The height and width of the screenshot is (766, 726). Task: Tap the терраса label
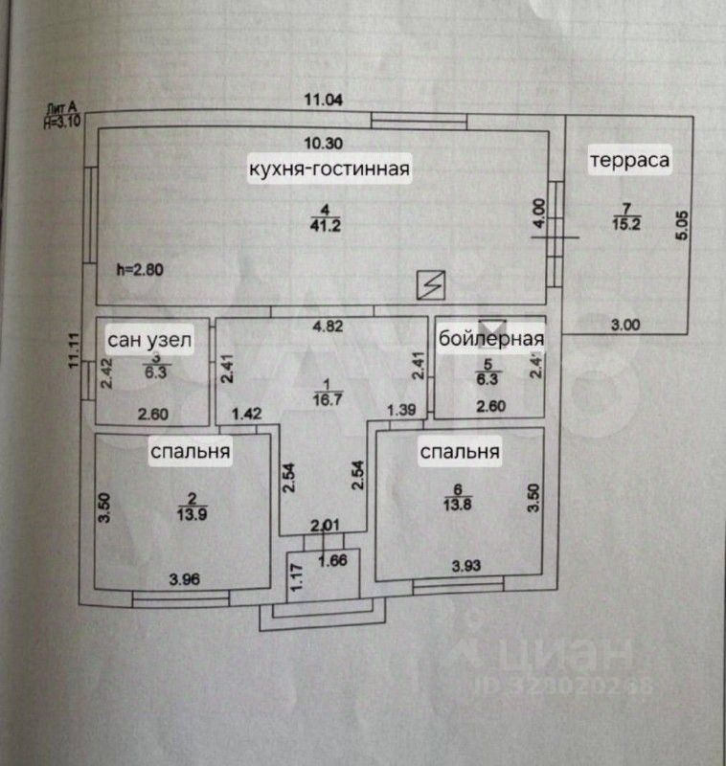coord(628,159)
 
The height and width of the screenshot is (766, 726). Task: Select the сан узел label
coord(150,339)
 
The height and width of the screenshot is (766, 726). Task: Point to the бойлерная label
coord(491,339)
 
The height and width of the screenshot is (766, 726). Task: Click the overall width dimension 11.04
coord(323,99)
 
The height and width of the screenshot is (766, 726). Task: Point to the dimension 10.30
coord(323,145)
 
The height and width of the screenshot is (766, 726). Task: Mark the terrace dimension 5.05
coord(681,225)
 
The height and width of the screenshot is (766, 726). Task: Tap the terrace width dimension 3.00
coord(625,325)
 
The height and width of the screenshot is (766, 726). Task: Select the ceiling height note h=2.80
coord(140,270)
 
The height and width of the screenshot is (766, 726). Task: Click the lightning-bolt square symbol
coord(432,283)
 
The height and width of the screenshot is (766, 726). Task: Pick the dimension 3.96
coord(187,578)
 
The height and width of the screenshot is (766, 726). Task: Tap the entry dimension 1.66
coord(333,560)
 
